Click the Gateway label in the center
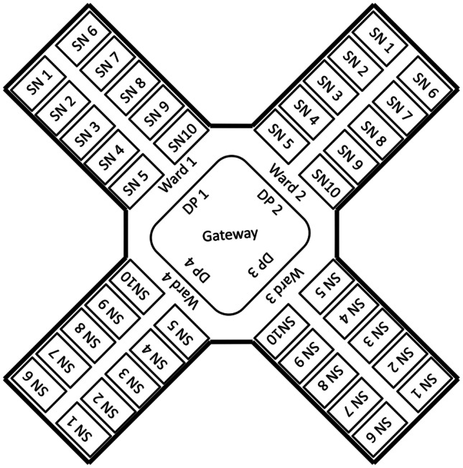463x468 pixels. [x=230, y=234]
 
